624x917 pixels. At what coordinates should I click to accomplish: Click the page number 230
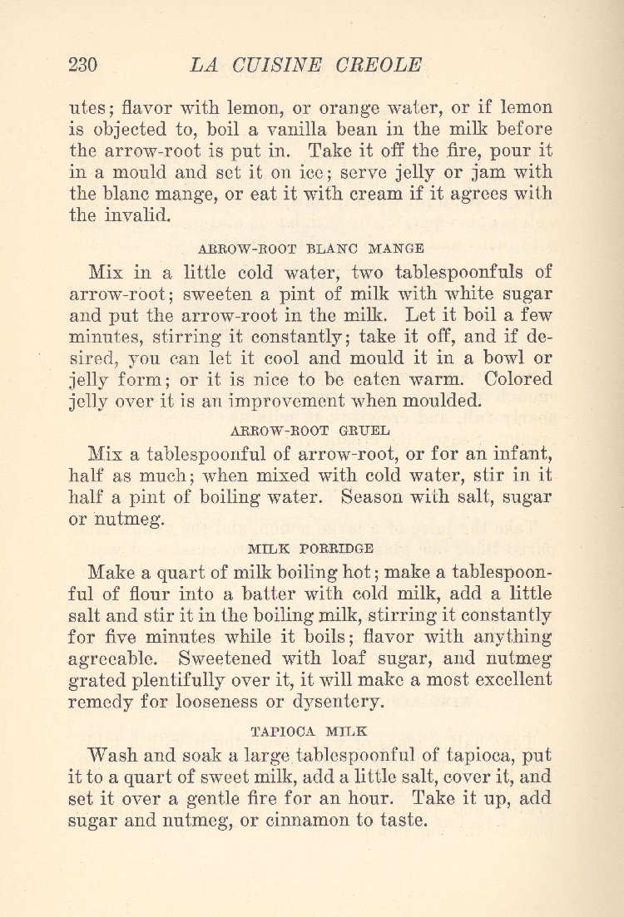pos(83,65)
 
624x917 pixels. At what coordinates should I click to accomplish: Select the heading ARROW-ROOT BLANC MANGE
pos(312,247)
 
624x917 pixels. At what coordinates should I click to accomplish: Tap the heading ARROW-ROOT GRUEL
pos(312,430)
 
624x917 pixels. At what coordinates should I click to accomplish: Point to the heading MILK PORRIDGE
pos(311,549)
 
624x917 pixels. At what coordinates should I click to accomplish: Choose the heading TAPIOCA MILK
pos(311,732)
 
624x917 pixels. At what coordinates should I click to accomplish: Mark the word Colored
pos(517,377)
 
